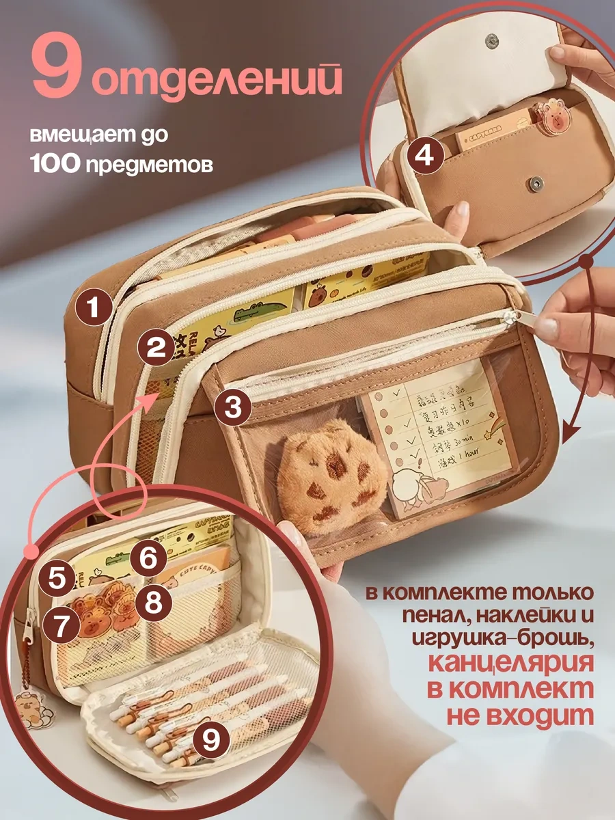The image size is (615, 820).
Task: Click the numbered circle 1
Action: (93, 308)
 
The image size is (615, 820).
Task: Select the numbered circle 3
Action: (232, 408)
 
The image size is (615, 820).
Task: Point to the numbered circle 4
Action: (424, 157)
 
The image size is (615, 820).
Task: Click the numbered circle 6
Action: (149, 559)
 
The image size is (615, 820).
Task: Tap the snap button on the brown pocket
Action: (537, 183)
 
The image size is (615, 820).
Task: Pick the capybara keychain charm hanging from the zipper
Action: (33, 709)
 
